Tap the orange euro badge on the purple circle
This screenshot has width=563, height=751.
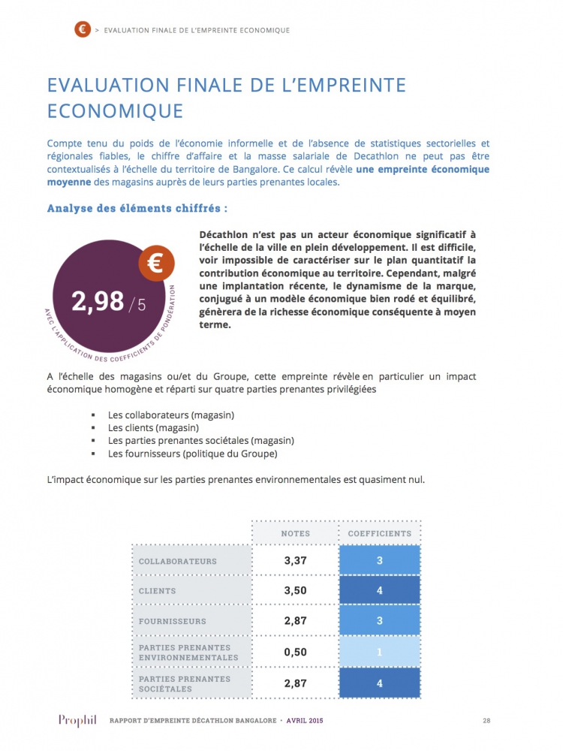157,263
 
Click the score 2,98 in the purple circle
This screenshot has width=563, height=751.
98,301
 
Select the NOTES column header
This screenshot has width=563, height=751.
295,533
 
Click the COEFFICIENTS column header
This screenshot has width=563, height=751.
379,533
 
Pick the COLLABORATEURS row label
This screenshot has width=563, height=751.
177,561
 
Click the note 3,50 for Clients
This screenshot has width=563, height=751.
295,590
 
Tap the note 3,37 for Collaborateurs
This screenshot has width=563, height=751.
295,560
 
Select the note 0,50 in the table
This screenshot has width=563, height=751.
295,652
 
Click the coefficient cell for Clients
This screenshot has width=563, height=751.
379,590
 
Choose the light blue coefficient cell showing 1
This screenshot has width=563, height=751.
379,652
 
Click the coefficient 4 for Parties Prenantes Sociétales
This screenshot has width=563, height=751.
379,683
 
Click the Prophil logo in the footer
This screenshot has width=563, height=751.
78,721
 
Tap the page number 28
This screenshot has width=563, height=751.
486,721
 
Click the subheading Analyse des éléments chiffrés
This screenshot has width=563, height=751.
137,208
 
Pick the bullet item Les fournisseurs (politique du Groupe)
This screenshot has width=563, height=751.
192,454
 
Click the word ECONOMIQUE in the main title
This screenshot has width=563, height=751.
115,110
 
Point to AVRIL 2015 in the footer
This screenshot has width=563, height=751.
300,721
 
